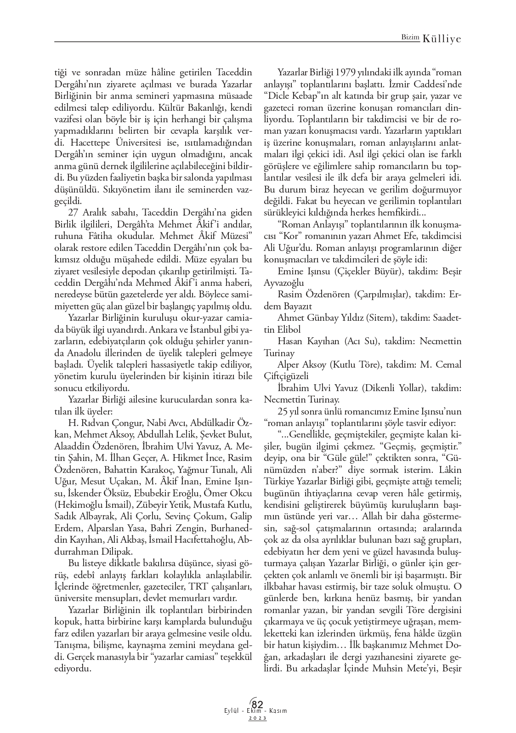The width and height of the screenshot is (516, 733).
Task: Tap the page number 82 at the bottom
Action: coord(258,705)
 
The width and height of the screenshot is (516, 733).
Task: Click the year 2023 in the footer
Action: coord(258,718)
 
